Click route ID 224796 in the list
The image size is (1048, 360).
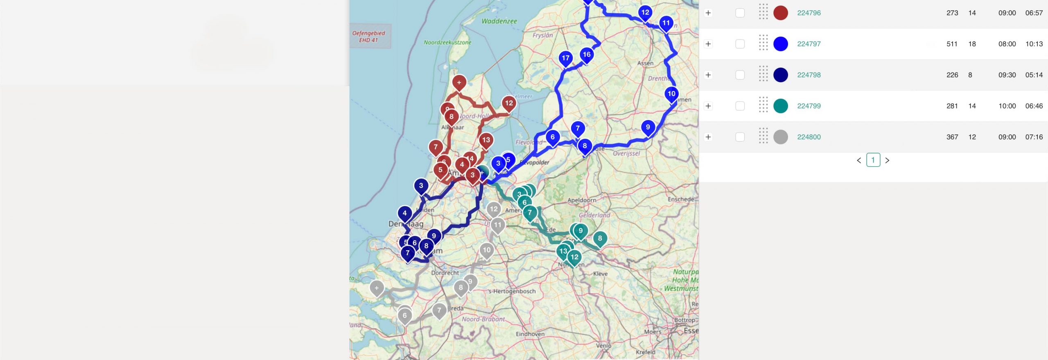pos(809,13)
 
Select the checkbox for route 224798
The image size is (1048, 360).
pos(740,75)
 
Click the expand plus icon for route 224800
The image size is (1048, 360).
pos(708,137)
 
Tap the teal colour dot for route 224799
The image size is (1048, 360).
pos(780,106)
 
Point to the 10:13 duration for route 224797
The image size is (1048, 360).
pos(1034,44)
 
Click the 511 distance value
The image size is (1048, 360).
pos(952,44)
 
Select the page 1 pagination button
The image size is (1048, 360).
pos(873,160)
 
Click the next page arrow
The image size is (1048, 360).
pos(887,161)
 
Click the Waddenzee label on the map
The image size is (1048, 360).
pos(499,21)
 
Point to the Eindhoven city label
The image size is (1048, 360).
pos(530,334)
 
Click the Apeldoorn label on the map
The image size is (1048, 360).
pos(581,200)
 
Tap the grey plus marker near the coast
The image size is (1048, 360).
pos(377,288)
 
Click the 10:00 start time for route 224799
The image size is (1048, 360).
pos(1007,106)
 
